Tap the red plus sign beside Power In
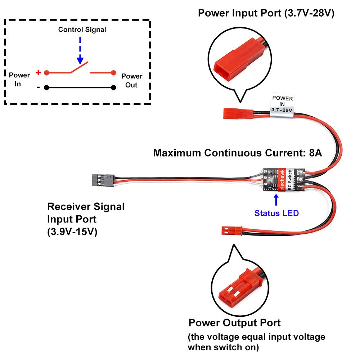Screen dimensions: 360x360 point(38,72)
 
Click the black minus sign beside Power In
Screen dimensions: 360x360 point(38,87)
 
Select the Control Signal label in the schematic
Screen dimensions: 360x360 point(82,30)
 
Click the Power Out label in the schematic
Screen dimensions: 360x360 point(132,81)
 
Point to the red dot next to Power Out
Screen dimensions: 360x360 point(113,73)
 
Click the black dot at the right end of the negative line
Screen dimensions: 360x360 point(113,87)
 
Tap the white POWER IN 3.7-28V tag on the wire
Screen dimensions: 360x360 point(282,104)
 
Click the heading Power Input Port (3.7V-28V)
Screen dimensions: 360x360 point(266,13)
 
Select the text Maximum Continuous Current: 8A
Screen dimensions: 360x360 point(237,153)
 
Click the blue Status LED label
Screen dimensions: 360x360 point(276,213)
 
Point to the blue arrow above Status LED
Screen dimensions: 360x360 point(276,200)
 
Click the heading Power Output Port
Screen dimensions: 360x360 point(234,323)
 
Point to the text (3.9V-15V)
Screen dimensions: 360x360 point(72,232)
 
